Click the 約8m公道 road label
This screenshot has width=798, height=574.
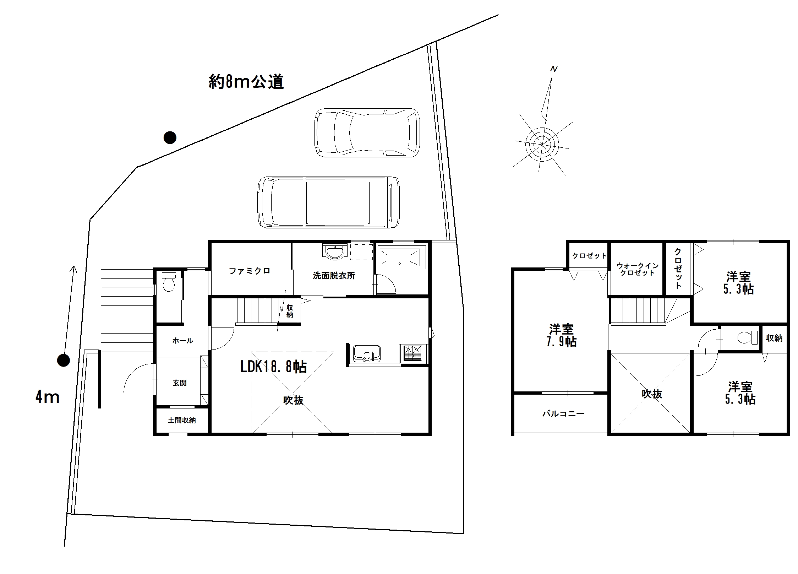point(246,82)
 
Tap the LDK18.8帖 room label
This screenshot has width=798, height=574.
point(273,367)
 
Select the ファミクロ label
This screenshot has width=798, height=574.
point(250,271)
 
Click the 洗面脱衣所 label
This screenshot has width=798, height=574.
point(334,276)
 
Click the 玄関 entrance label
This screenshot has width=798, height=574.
point(180,383)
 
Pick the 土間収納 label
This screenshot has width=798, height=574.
point(182,420)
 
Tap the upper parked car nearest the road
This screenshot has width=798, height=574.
point(367,133)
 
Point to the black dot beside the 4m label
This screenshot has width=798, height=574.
point(64,361)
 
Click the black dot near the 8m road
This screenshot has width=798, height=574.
point(170,137)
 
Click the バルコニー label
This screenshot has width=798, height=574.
point(563,413)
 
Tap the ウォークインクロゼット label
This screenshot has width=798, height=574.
point(638,269)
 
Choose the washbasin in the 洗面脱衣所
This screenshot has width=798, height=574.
point(334,251)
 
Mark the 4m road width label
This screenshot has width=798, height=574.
point(47,397)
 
